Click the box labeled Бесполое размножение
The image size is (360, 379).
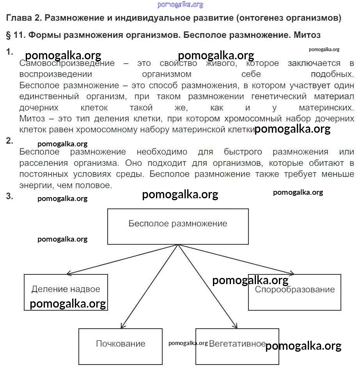coord(178,226)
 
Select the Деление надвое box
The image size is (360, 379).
coord(66,292)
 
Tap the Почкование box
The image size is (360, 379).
coord(120,346)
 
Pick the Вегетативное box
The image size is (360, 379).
coord(237,346)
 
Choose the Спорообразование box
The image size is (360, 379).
coord(294,292)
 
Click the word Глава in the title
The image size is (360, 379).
coord(17,18)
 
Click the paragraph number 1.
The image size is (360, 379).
coord(10,52)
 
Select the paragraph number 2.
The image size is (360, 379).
coord(10,141)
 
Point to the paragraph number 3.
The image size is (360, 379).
coord(10,197)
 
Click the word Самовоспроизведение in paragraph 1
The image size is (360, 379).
coord(67,64)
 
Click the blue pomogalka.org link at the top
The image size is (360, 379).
coord(180,5)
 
